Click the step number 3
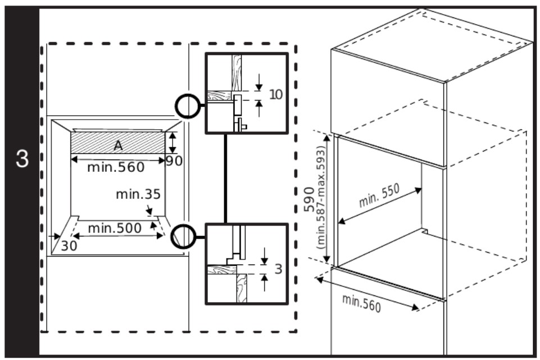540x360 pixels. coord(22,158)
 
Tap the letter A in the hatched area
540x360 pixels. coord(118,145)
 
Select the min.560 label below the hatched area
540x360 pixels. coord(116,167)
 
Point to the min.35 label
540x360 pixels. coord(138,194)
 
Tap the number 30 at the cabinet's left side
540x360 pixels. coord(70,245)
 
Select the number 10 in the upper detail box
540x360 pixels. coord(275,94)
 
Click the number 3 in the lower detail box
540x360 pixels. coord(278,269)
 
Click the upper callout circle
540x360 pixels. coord(187,105)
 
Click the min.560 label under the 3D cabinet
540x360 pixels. coord(361,303)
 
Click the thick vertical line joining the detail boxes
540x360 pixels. coord(225,179)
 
